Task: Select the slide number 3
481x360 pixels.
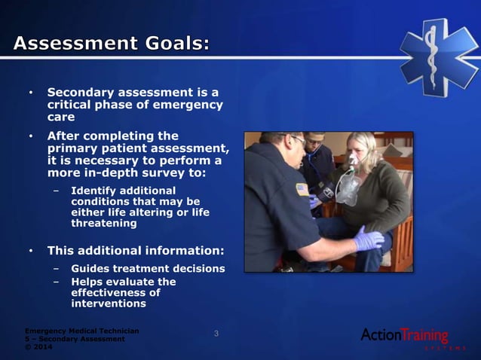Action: pyautogui.click(x=216, y=334)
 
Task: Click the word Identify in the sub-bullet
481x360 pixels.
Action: pyautogui.click(x=95, y=191)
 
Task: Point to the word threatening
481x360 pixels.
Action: pyautogui.click(x=104, y=224)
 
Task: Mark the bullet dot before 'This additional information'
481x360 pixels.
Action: pyautogui.click(x=31, y=250)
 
